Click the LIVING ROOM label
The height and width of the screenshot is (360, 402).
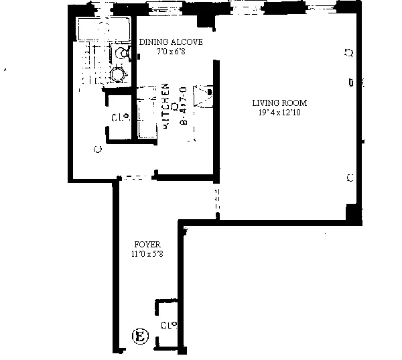point(279,103)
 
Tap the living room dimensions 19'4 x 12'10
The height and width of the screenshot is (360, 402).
point(279,113)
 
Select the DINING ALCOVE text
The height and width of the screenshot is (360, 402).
point(171,42)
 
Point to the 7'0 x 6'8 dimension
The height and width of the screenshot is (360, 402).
point(171,52)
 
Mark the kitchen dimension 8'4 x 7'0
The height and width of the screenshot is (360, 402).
point(182,105)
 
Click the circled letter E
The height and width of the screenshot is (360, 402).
point(139,336)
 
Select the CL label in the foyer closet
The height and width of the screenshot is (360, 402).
point(169,325)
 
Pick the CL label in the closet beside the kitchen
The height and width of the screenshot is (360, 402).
point(119,118)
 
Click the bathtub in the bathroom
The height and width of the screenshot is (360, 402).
point(104,29)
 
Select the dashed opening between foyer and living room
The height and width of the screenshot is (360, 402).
point(216,202)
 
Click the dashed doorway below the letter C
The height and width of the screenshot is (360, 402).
point(137,178)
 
